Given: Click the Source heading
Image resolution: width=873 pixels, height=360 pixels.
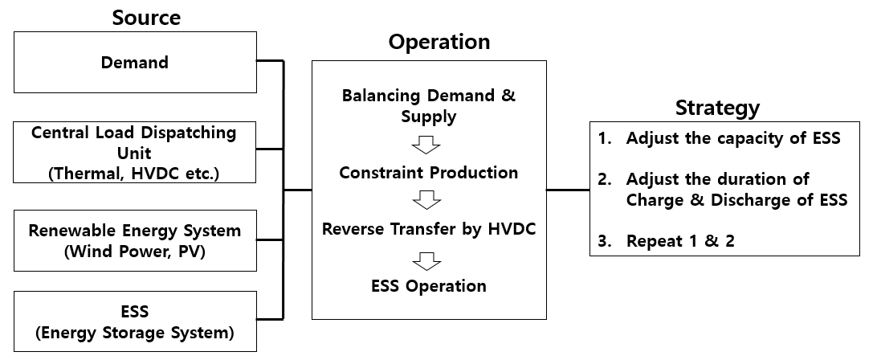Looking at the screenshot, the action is [x=146, y=17].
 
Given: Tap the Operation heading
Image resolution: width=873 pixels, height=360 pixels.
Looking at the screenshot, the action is [x=439, y=43].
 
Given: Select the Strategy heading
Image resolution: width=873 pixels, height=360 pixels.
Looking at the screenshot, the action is [x=717, y=107].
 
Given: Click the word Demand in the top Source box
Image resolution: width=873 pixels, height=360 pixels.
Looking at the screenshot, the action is [x=135, y=63].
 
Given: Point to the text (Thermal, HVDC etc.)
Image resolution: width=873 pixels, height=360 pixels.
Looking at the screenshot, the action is [x=134, y=174].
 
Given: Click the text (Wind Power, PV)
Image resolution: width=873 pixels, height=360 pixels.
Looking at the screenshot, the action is [x=135, y=252].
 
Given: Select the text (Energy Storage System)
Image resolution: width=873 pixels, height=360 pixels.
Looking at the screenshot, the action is [x=135, y=333].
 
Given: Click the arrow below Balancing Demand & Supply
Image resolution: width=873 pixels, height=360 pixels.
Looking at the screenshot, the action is [x=426, y=145].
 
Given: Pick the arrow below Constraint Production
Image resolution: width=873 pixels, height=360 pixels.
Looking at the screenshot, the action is [x=426, y=199].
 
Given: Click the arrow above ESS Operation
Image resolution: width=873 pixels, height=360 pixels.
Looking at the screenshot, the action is [x=426, y=261].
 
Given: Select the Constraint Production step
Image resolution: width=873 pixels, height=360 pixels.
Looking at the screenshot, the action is [x=429, y=173].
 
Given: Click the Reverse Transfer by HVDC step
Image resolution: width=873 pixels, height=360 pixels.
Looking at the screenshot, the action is [x=429, y=229].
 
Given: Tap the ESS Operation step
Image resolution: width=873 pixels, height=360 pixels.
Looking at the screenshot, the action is [x=429, y=286].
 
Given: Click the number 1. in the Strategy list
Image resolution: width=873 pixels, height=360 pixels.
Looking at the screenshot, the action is [x=606, y=138].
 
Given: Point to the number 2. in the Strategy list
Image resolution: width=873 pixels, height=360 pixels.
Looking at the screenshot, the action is [x=606, y=179].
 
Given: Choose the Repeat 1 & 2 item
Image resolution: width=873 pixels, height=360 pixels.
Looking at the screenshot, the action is [x=680, y=241].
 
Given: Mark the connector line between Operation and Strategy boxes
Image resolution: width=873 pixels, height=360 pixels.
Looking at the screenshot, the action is [x=568, y=190].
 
